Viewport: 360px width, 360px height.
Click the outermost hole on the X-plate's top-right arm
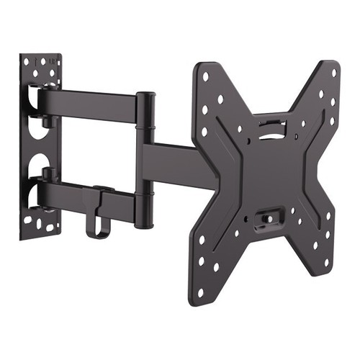pyautogui.click(x=333, y=72)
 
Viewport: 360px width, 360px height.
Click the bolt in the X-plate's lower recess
pyautogui.click(x=267, y=215)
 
